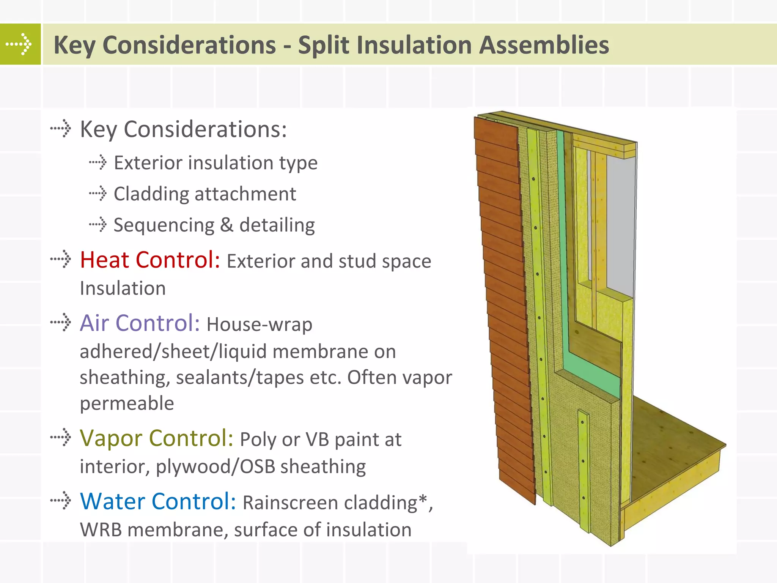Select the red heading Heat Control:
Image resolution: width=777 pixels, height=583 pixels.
(x=150, y=260)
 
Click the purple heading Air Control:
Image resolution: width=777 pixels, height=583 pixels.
(x=140, y=323)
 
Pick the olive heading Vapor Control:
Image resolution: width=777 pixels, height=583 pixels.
(x=156, y=438)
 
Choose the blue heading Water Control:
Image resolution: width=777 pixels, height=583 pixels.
(x=158, y=501)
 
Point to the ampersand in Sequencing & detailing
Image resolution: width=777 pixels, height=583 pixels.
(x=226, y=225)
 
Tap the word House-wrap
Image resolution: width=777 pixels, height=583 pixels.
(x=260, y=325)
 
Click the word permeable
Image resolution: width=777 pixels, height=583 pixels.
(x=127, y=403)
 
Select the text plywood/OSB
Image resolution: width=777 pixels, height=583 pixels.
(x=215, y=466)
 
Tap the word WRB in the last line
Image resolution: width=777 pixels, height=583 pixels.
(x=101, y=530)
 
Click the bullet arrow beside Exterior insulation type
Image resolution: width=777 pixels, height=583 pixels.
(x=98, y=162)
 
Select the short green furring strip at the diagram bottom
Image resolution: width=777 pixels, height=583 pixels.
(x=584, y=471)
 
